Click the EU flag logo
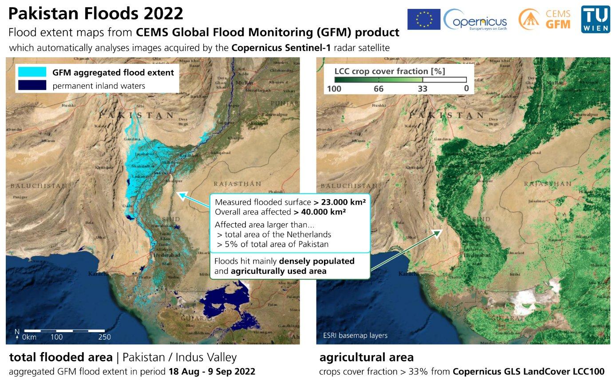423,20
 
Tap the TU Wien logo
595,20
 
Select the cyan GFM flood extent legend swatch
32,72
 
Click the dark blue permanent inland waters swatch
32,85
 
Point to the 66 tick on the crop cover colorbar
378,88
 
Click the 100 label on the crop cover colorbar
334,88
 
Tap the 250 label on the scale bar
104,337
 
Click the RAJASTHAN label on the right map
547,183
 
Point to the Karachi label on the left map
98,273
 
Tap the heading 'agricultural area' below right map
366,357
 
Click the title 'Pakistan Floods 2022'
95,13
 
